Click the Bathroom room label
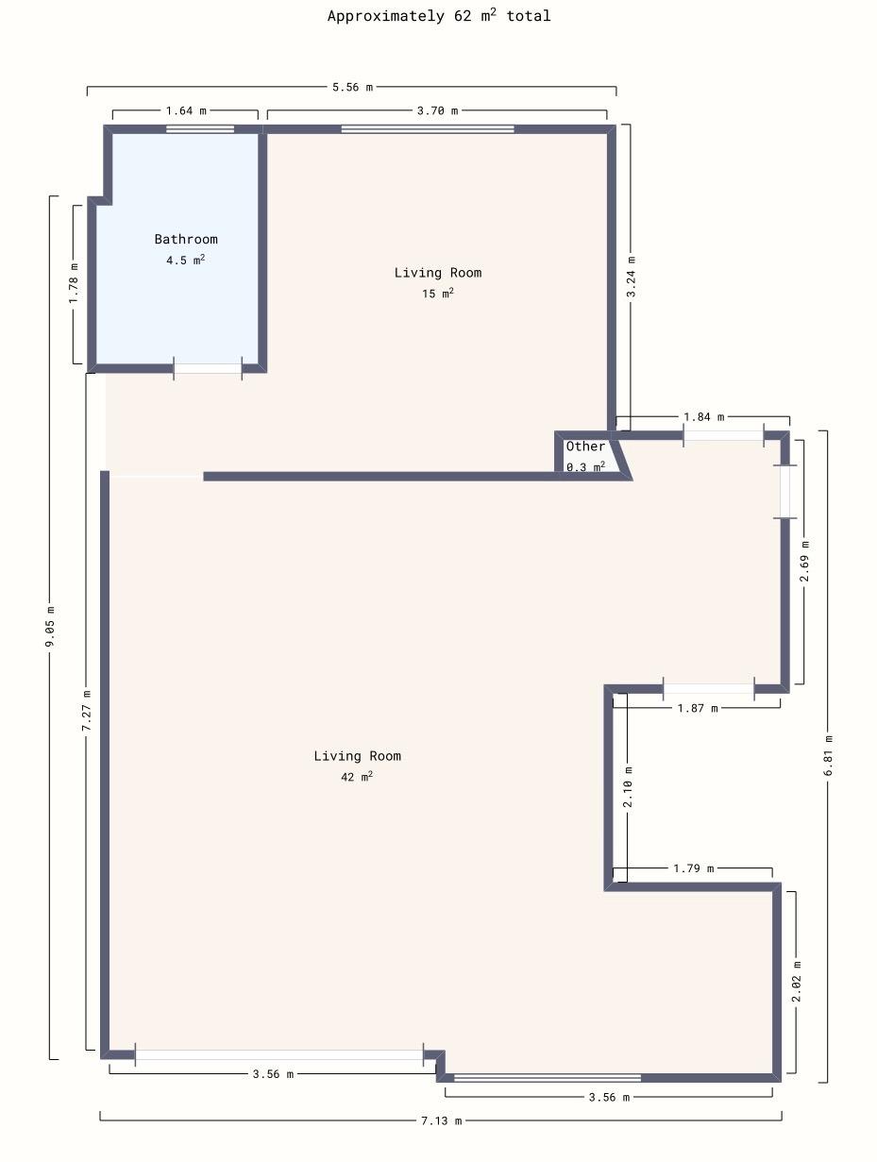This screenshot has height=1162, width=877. pyautogui.click(x=186, y=239)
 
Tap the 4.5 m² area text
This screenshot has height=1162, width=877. pyautogui.click(x=185, y=260)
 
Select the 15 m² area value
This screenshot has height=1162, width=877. pyautogui.click(x=438, y=294)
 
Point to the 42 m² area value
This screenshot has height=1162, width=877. pyautogui.click(x=357, y=777)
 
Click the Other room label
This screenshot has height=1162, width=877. pyautogui.click(x=585, y=446)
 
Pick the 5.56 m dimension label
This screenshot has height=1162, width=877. pyautogui.click(x=352, y=87)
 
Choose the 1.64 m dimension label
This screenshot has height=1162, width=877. pyautogui.click(x=186, y=110)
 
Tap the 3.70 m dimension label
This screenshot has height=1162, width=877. pyautogui.click(x=437, y=110)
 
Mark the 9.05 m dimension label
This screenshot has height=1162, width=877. pyautogui.click(x=50, y=626)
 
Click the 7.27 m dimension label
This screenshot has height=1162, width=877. pyautogui.click(x=86, y=711)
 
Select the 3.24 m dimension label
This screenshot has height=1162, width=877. pyautogui.click(x=631, y=277)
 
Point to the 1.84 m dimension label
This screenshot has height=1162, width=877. pyautogui.click(x=703, y=416)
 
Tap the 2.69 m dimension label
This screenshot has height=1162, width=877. pyautogui.click(x=804, y=561)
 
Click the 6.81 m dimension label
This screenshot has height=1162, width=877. pyautogui.click(x=828, y=755)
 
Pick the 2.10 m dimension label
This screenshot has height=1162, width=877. pyautogui.click(x=627, y=786)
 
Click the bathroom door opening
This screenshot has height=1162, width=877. pyautogui.click(x=208, y=368)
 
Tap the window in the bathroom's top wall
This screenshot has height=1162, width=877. pyautogui.click(x=200, y=129)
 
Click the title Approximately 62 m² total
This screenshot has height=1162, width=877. pyautogui.click(x=439, y=15)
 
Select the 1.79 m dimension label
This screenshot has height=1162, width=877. pyautogui.click(x=693, y=868)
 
